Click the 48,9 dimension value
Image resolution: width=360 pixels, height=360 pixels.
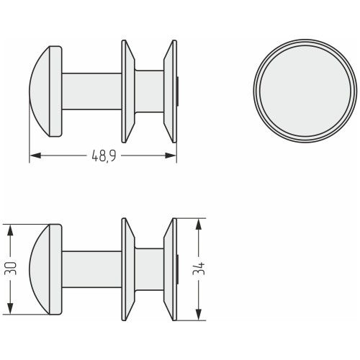tap(104, 156)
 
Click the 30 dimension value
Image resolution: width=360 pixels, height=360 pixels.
tap(11, 269)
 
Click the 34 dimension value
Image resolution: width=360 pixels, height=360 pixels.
tap(199, 269)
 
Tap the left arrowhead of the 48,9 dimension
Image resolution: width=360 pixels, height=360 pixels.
tap(35, 156)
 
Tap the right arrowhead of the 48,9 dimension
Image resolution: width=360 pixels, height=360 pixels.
tap(171, 156)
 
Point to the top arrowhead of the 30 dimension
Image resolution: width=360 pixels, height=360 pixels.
tap(10, 230)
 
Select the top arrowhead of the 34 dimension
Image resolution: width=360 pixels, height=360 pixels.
tap(198, 224)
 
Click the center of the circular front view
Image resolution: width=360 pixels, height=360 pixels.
tap(305, 91)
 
